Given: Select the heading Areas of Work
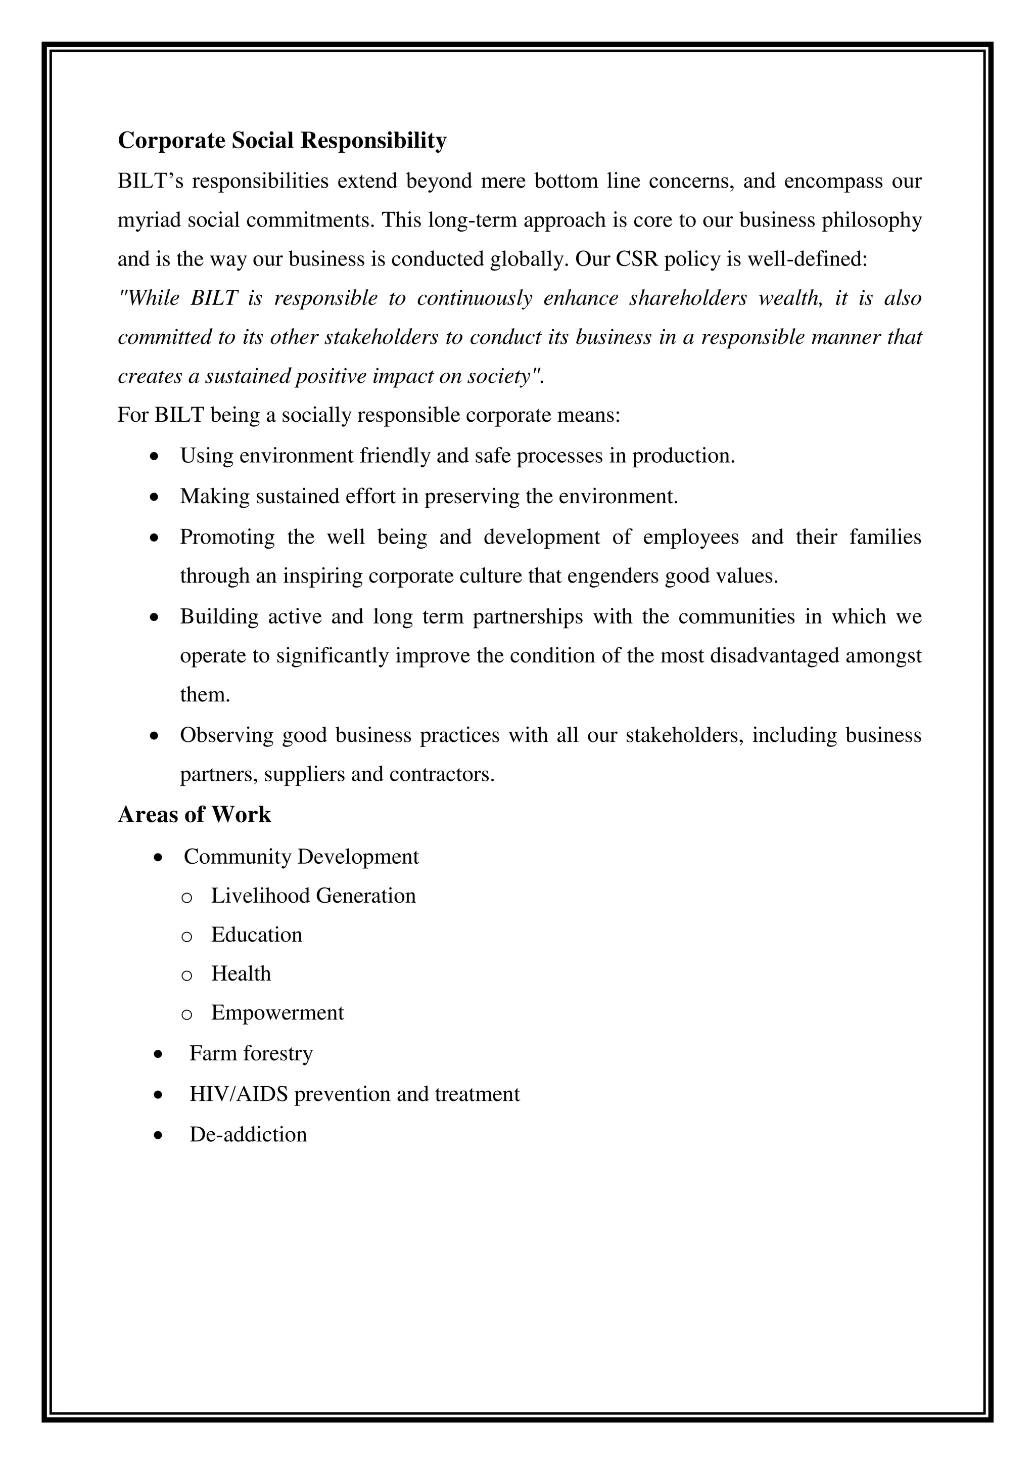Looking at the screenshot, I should [195, 814].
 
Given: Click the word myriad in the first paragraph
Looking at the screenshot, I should [149, 220].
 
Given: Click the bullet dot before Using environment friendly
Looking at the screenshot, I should [154, 457].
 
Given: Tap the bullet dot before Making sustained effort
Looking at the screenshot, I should [154, 497].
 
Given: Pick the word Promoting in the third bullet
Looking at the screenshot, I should [227, 538].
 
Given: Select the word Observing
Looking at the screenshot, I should [226, 735].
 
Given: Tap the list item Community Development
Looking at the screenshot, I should [301, 856].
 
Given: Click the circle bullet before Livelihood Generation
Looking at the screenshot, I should [186, 897].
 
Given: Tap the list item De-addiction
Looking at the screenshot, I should [248, 1134].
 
